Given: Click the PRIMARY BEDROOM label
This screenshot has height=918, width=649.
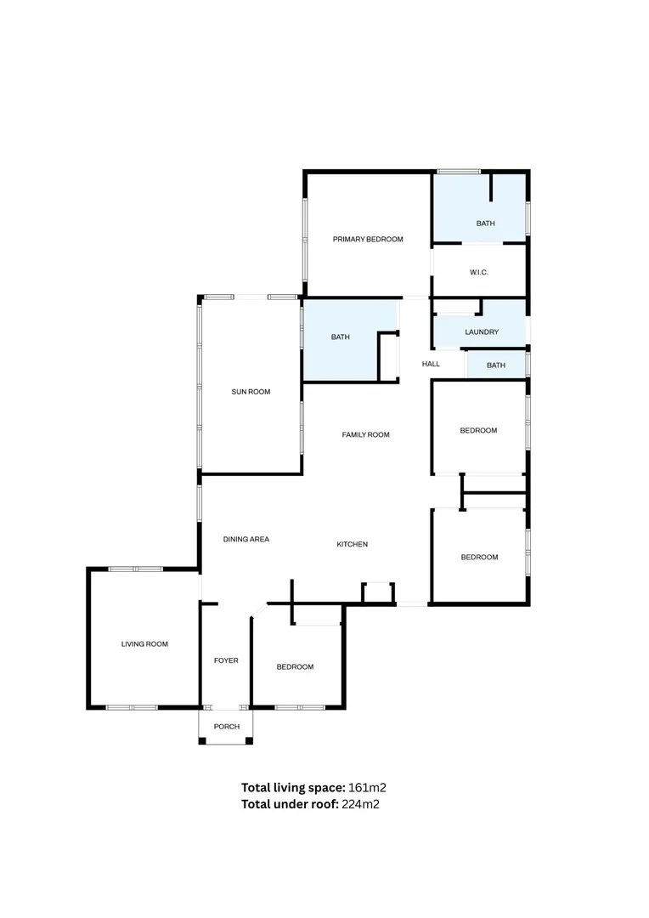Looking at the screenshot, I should (x=368, y=240).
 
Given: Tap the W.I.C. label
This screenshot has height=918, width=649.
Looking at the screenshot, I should (x=479, y=272).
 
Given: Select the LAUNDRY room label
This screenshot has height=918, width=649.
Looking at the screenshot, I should (x=482, y=332).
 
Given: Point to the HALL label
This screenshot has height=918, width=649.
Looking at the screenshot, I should (x=431, y=364).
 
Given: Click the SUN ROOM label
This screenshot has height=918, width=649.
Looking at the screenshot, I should (x=251, y=392).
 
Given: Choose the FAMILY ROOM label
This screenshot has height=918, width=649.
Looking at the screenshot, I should (x=365, y=435).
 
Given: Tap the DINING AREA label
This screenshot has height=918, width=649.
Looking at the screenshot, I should (x=246, y=539).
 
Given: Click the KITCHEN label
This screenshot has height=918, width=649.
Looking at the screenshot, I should (x=352, y=544).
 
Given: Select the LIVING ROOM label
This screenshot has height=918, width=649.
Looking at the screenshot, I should (x=144, y=644).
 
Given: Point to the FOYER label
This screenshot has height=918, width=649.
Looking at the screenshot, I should (x=226, y=660).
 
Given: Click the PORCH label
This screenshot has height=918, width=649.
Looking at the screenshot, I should (x=227, y=727).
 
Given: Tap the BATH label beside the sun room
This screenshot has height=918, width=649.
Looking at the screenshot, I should (x=340, y=337).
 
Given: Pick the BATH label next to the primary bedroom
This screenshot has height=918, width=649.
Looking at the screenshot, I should (x=485, y=224).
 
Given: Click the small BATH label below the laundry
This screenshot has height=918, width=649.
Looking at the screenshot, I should (x=496, y=365).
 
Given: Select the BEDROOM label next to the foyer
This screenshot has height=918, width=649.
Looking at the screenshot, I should (x=295, y=667).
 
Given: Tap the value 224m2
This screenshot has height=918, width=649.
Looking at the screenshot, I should (x=360, y=804).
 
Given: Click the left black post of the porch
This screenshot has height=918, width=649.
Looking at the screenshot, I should (x=202, y=742).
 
